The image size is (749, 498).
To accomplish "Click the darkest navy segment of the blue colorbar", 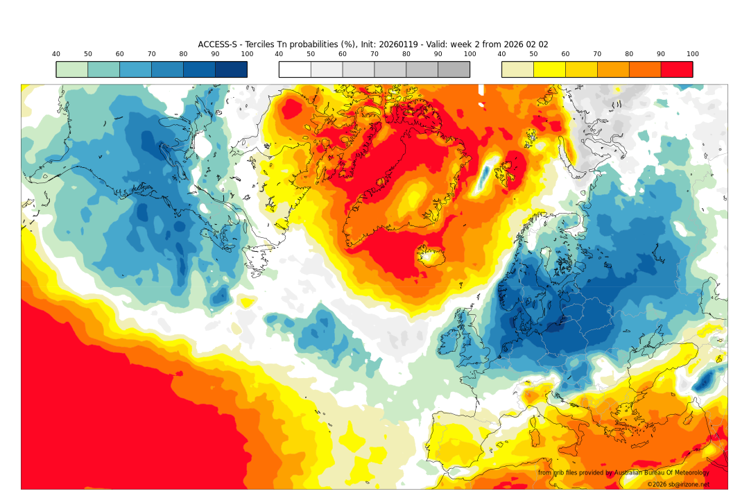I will click(x=231, y=69).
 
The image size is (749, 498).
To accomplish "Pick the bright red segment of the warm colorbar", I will click(x=676, y=69).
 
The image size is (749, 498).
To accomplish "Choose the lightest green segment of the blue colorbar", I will click(x=71, y=69).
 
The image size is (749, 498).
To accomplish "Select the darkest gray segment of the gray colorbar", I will click(x=454, y=69).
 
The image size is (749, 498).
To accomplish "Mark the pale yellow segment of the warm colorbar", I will click(x=517, y=69).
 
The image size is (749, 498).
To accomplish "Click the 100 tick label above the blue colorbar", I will click(x=247, y=54).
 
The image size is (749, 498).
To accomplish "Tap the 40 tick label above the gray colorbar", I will click(x=279, y=54).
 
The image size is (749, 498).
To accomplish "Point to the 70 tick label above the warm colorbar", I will click(x=597, y=54).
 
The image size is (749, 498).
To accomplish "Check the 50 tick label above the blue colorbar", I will click(x=88, y=54).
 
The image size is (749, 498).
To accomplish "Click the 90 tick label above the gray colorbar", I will click(x=438, y=54).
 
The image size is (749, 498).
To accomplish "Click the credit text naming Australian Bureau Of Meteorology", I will click(x=623, y=472).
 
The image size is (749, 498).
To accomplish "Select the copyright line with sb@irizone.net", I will click(x=678, y=485).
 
